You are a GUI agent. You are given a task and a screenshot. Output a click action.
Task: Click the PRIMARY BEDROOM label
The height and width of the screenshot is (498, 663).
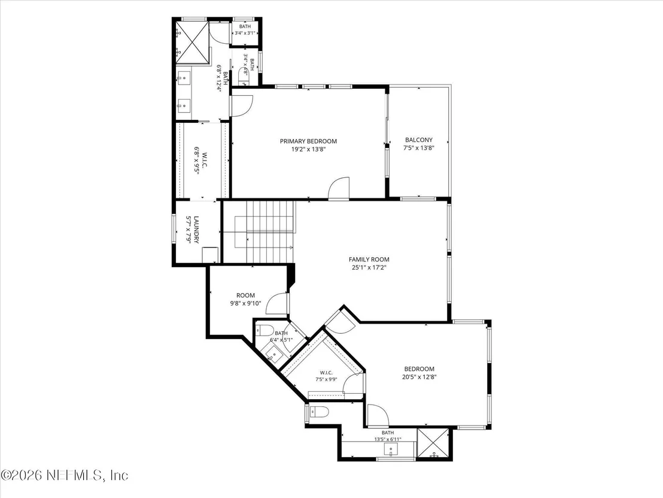pos(308,141)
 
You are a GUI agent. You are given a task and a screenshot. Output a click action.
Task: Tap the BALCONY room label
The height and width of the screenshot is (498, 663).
pos(419,140)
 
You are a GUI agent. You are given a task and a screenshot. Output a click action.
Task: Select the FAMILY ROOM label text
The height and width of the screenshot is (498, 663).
pos(369,259)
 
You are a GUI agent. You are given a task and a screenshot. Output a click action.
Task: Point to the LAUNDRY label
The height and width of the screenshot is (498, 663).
pos(196,230)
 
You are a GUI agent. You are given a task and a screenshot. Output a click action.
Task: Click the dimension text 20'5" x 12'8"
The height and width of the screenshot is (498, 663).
pos(419,376)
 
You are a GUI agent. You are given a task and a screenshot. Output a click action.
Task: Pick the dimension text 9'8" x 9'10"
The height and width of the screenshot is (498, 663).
pos(246,303)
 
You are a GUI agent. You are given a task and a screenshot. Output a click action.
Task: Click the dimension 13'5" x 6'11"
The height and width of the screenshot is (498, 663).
pos(388,439)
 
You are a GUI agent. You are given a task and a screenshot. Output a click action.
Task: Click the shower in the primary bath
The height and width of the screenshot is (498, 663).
pos(193,43)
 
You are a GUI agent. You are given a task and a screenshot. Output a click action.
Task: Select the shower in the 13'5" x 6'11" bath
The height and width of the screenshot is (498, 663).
pos(433,444)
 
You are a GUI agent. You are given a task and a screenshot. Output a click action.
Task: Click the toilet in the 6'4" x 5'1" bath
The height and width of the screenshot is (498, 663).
pos(266,330)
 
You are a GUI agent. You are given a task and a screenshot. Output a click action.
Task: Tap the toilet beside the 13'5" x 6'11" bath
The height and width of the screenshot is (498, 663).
pos(320,412)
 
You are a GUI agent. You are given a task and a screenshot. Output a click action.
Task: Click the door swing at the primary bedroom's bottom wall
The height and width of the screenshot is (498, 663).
pos(339,188)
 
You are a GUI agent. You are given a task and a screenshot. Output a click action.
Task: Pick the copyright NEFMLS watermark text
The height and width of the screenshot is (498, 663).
pos(64,475)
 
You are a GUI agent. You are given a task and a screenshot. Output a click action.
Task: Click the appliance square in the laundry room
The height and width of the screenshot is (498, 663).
pos(210,255)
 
